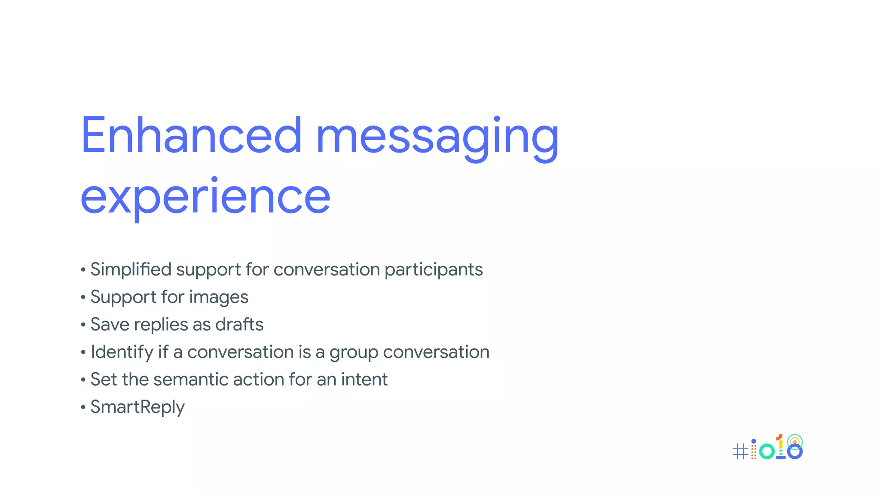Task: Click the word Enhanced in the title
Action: click(x=191, y=135)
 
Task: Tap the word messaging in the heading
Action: click(x=437, y=137)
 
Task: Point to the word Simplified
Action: click(x=131, y=270)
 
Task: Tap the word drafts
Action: click(x=239, y=324)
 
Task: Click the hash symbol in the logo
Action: click(x=740, y=451)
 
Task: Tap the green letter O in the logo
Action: click(x=767, y=451)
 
